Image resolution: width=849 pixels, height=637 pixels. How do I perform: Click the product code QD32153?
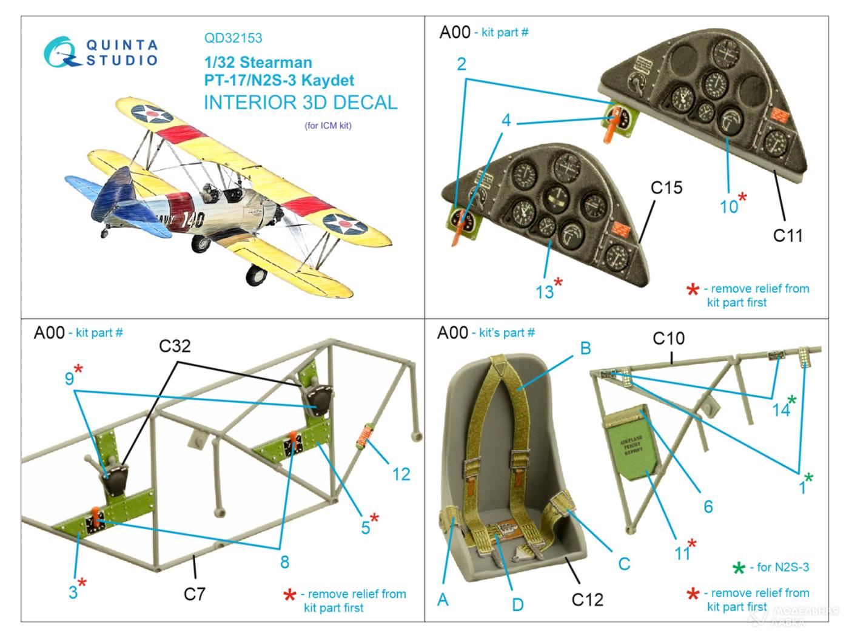point(233,38)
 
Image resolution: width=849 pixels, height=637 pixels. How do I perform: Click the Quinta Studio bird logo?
point(62,52)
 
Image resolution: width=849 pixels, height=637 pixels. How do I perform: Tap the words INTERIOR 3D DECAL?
point(300,103)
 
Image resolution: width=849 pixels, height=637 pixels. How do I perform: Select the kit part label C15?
point(666,188)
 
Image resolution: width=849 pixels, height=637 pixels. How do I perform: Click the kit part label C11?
point(787,235)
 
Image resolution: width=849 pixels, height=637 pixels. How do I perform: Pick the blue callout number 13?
point(544,292)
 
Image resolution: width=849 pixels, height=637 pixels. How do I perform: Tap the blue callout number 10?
point(728,206)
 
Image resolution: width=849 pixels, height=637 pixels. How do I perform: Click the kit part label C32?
point(175,346)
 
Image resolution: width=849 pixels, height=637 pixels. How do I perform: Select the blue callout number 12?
point(401,474)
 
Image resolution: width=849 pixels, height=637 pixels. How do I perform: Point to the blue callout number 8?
point(284,562)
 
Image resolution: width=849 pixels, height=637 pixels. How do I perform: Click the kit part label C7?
point(195,593)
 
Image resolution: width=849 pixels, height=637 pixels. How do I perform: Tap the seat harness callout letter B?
point(585,348)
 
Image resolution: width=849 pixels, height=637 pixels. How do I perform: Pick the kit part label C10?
point(668,338)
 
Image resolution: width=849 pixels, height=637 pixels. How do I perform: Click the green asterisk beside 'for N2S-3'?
point(739,568)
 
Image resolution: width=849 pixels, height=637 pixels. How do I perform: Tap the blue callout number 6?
point(708,506)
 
